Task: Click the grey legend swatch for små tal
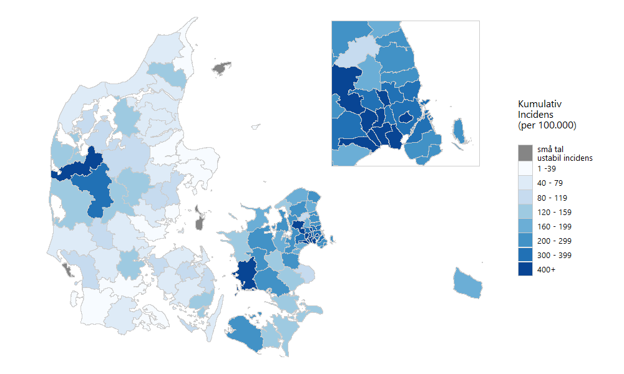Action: pyautogui.click(x=525, y=153)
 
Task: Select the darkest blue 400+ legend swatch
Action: pyautogui.click(x=525, y=269)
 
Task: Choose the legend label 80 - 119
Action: pyautogui.click(x=551, y=197)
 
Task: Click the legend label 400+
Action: pyautogui.click(x=547, y=269)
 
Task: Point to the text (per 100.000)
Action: pyautogui.click(x=547, y=125)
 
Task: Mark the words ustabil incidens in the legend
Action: pyautogui.click(x=565, y=158)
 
